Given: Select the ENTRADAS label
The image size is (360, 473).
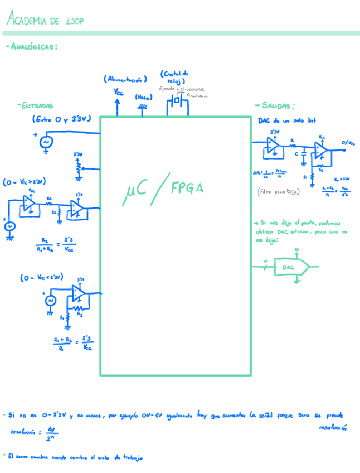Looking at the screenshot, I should (x=36, y=105).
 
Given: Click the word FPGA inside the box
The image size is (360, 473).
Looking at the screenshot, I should (x=187, y=188).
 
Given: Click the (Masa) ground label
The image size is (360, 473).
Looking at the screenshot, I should (x=144, y=96).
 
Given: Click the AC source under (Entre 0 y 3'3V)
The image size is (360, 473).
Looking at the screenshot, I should (x=45, y=142).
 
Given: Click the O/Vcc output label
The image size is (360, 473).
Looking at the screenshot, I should (x=347, y=143).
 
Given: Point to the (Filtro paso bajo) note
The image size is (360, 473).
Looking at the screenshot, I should (x=279, y=191).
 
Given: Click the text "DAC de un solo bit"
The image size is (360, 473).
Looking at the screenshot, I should (x=282, y=120).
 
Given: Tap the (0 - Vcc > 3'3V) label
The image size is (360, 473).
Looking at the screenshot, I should (x=24, y=182).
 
